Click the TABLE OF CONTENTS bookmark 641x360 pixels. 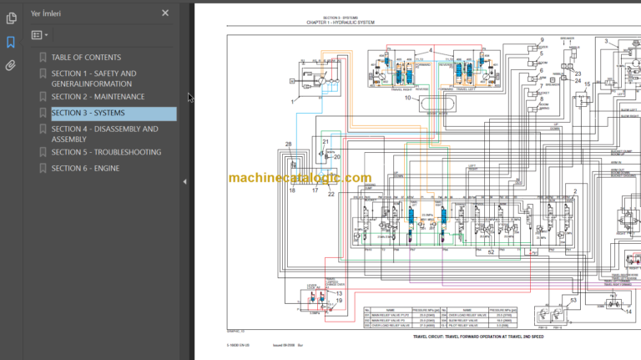click(x=86, y=58)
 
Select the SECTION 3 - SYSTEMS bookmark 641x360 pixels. click(x=88, y=113)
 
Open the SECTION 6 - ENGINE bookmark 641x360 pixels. click(x=85, y=169)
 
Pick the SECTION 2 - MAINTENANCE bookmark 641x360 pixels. click(x=98, y=97)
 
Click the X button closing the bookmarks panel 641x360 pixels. click(x=165, y=13)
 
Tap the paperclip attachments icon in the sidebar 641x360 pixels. click(x=11, y=64)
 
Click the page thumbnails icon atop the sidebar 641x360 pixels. click(x=11, y=18)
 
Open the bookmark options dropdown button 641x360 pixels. click(x=39, y=35)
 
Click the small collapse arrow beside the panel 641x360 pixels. click(x=184, y=180)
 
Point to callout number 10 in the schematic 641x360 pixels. click(x=408, y=99)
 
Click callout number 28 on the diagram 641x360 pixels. click(x=289, y=145)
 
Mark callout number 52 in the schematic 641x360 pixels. click(x=491, y=251)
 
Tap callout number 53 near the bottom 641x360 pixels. click(x=573, y=298)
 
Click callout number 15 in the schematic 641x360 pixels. click(x=587, y=84)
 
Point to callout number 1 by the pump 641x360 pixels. click(x=293, y=100)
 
